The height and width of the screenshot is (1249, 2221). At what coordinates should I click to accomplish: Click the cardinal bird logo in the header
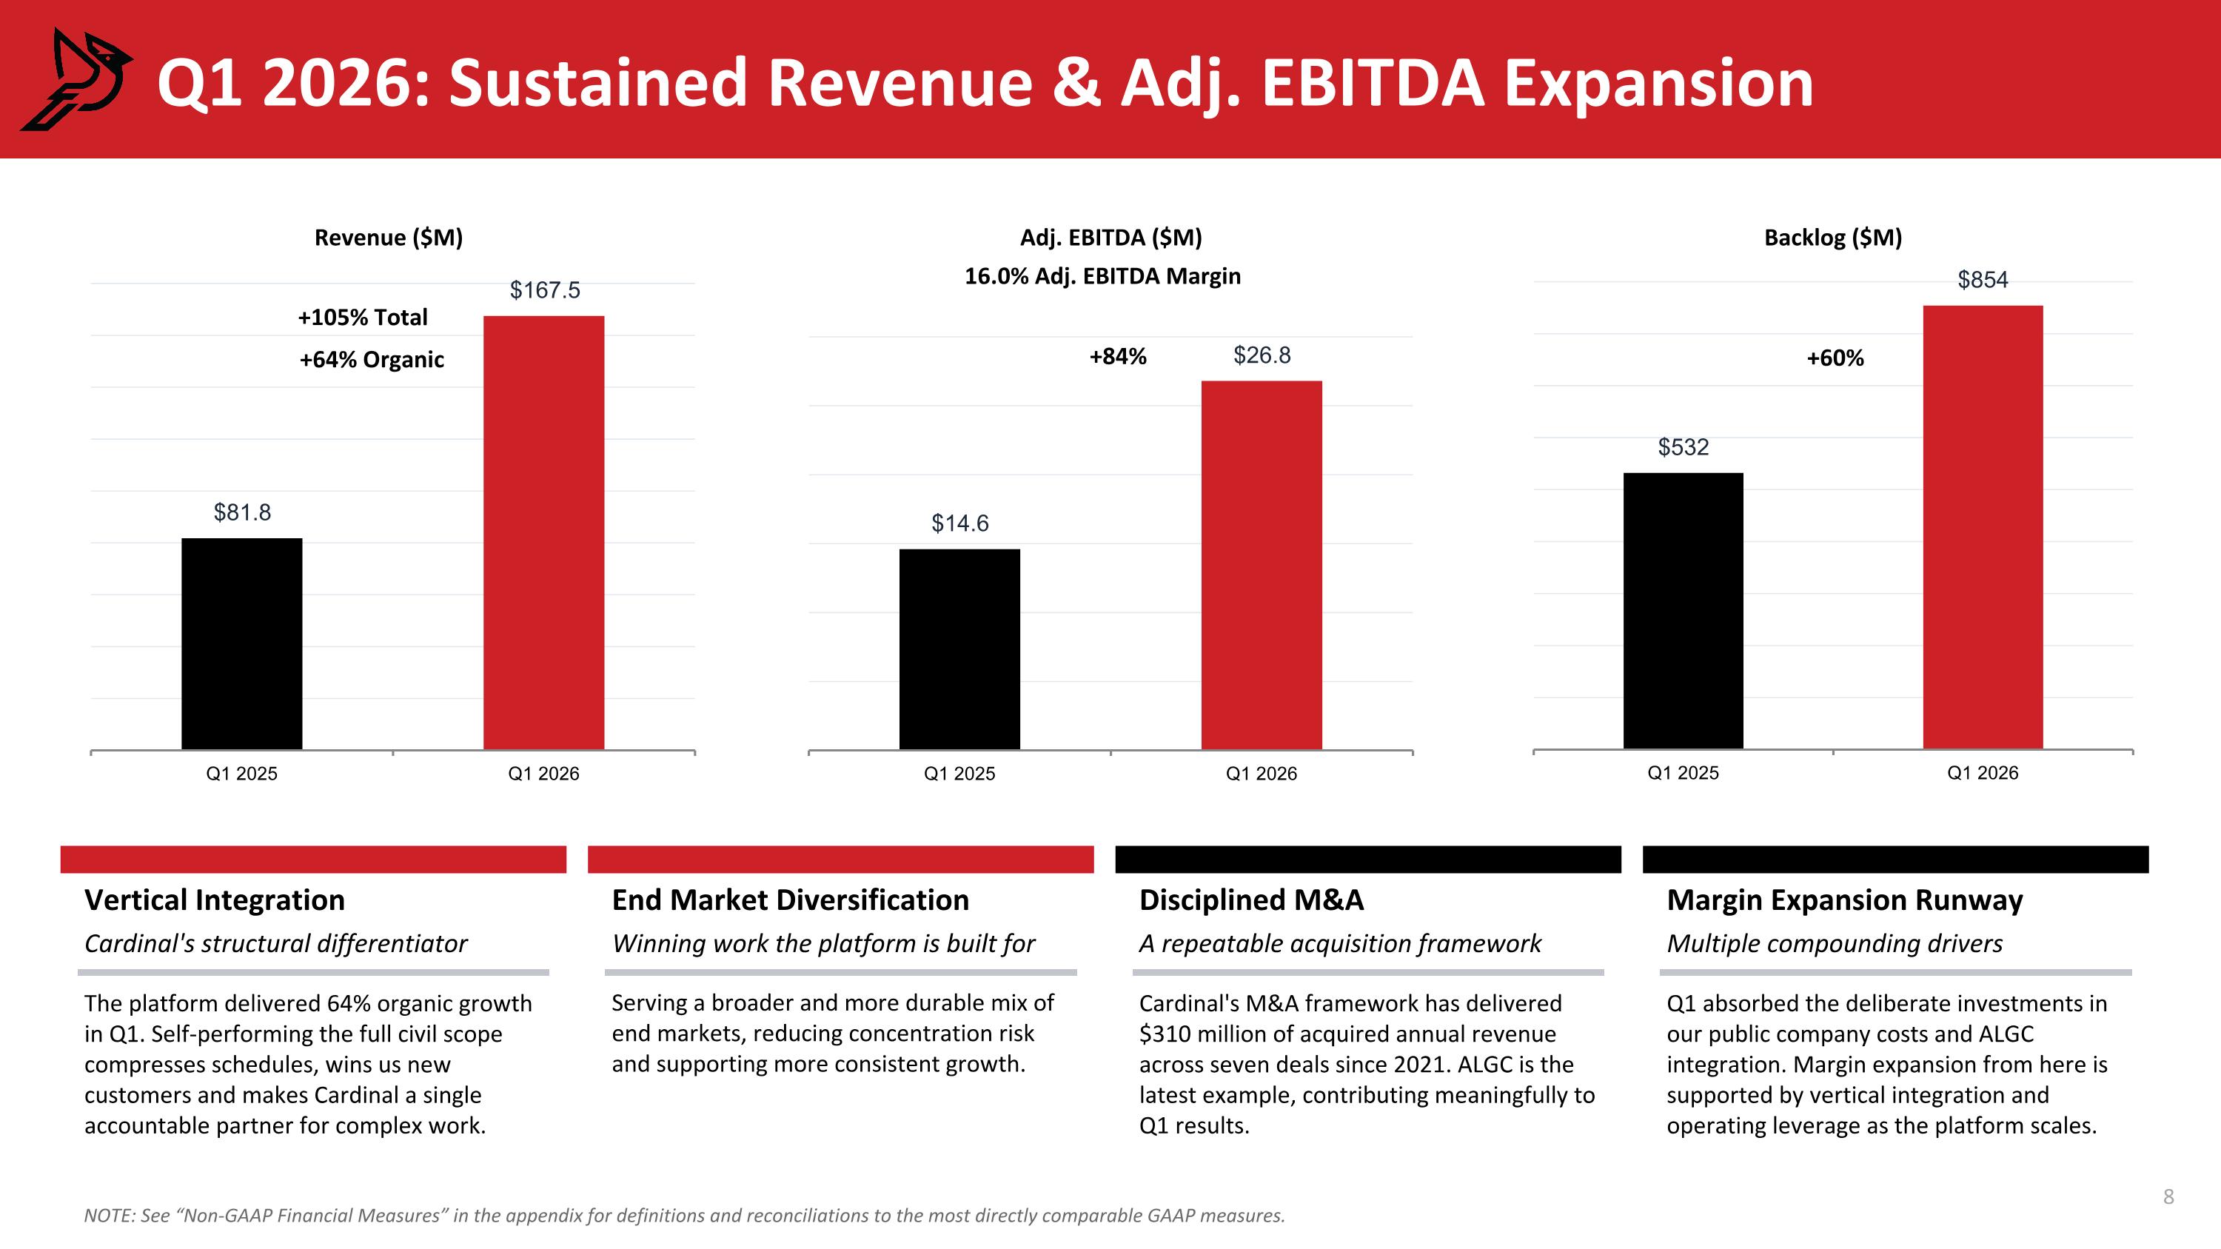(x=76, y=79)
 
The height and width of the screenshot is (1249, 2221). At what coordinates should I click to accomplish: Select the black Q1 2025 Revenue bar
(x=241, y=644)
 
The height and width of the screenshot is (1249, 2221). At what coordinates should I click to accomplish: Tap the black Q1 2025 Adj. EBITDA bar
(x=959, y=649)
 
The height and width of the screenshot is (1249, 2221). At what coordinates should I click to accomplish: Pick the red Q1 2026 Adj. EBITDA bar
(x=1262, y=566)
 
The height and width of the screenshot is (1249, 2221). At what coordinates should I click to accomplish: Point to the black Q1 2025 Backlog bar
(x=1683, y=611)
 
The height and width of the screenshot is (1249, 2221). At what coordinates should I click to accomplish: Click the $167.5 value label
(x=545, y=289)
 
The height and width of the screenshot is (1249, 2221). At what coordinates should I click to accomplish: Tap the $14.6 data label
(x=959, y=523)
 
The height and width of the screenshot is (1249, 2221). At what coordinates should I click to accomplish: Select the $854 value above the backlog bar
(x=1983, y=279)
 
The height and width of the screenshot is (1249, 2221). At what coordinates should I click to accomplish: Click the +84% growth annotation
(x=1117, y=357)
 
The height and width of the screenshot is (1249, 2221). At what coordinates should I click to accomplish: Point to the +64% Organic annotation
(x=372, y=359)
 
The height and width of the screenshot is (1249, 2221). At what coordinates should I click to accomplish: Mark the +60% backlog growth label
(x=1835, y=358)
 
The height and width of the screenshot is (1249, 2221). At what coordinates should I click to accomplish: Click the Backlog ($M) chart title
(x=1833, y=238)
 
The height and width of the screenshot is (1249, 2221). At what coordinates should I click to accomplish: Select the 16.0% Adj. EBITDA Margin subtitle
(x=1102, y=277)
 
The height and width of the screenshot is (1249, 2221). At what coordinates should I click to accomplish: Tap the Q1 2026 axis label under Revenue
(x=543, y=773)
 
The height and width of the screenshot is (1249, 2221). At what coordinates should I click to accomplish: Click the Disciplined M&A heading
(x=1251, y=900)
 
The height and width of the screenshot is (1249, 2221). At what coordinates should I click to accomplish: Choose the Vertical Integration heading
(x=215, y=900)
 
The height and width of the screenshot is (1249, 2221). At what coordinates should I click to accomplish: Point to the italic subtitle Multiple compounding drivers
(x=1834, y=944)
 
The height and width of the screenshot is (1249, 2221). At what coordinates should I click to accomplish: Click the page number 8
(x=2168, y=1196)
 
